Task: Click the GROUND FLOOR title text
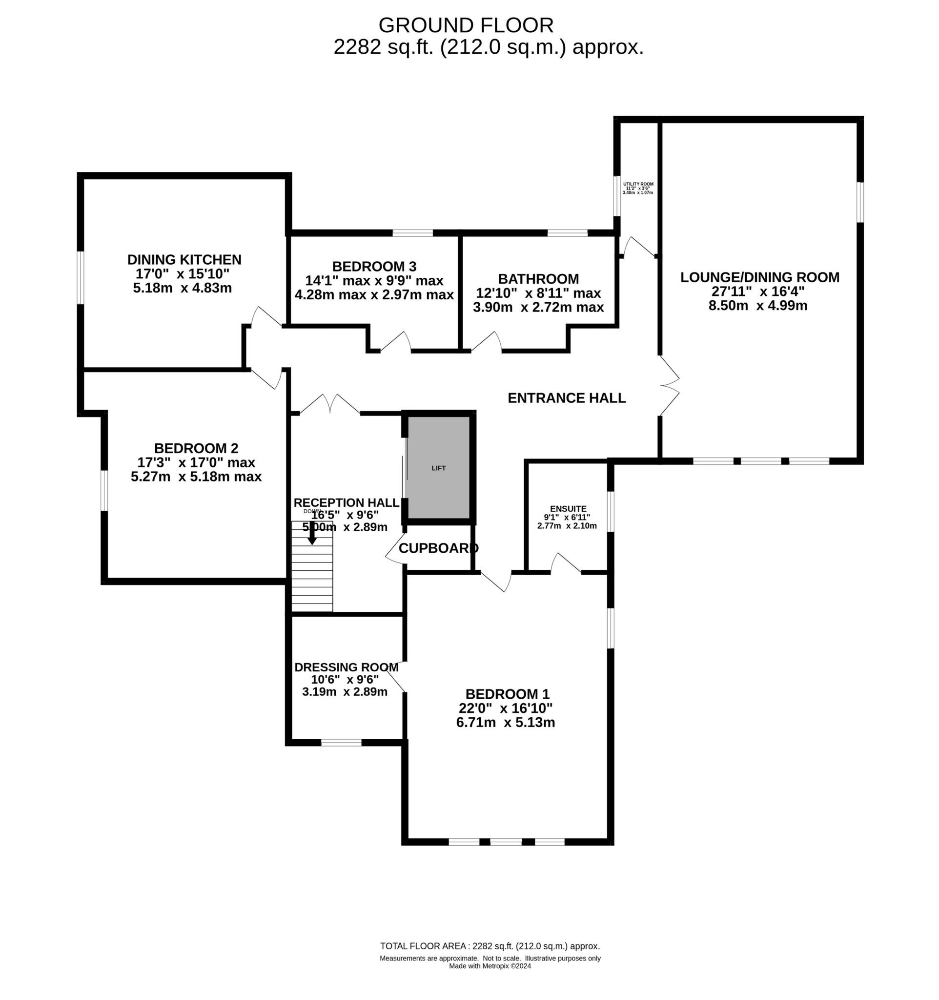pyautogui.click(x=466, y=25)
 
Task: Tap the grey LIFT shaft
pyautogui.click(x=438, y=467)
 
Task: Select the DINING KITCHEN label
pyautogui.click(x=184, y=260)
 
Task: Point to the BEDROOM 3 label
pyautogui.click(x=374, y=266)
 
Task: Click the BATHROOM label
pyautogui.click(x=538, y=279)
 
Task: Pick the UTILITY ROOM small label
pyautogui.click(x=637, y=184)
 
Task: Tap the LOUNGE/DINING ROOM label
pyautogui.click(x=759, y=277)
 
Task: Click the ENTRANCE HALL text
pyautogui.click(x=567, y=398)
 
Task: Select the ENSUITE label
pyautogui.click(x=568, y=509)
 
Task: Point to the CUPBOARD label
pyautogui.click(x=438, y=548)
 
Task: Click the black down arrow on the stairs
pyautogui.click(x=312, y=535)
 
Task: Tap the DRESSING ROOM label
pyautogui.click(x=346, y=667)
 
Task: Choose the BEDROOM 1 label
pyautogui.click(x=507, y=694)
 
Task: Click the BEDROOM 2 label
pyautogui.click(x=196, y=448)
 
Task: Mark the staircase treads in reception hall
pyautogui.click(x=312, y=579)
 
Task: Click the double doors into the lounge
pyautogui.click(x=670, y=385)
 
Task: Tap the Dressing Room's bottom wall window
pyautogui.click(x=341, y=743)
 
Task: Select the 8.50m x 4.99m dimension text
pyautogui.click(x=757, y=305)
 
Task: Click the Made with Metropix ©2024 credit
pyautogui.click(x=490, y=966)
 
